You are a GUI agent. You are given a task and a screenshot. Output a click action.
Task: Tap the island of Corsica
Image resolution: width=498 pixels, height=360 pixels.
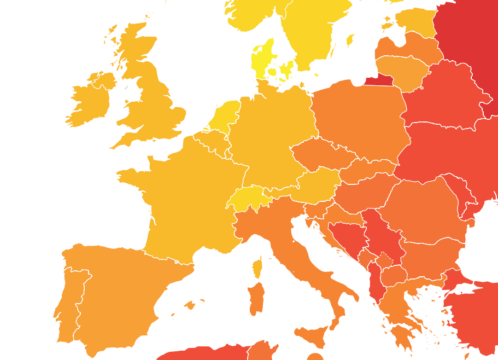coord(257,269)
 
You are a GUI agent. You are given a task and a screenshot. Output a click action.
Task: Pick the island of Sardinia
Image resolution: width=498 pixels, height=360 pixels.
coord(256,298)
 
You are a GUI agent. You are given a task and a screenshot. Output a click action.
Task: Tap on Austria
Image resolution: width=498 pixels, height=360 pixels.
coord(317,183)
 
